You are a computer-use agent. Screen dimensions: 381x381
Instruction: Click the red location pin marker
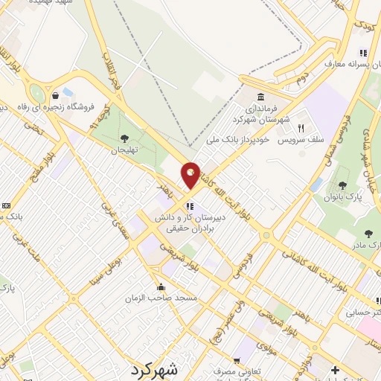[191, 175]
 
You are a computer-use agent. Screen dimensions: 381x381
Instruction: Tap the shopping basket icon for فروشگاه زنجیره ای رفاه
[56, 95]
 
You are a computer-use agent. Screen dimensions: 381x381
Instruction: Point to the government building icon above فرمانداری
[260, 97]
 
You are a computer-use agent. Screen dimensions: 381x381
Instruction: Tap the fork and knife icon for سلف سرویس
[301, 128]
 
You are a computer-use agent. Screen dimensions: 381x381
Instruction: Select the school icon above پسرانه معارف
[362, 53]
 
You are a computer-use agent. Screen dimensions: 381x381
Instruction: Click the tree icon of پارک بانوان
[342, 185]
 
